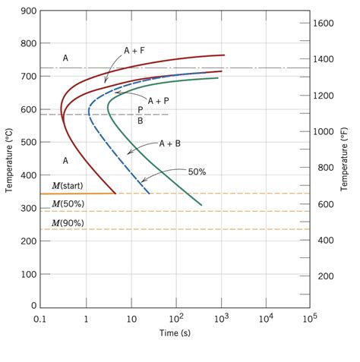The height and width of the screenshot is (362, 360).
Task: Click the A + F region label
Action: click(x=134, y=50)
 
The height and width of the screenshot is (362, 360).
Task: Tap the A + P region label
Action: click(x=159, y=100)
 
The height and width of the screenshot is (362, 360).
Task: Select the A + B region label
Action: click(x=171, y=143)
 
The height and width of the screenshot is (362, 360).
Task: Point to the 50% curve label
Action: click(x=197, y=172)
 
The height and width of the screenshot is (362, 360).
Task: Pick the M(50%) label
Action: click(x=68, y=204)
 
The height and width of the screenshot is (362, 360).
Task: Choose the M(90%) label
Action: click(x=68, y=222)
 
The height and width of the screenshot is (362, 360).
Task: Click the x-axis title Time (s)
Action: click(x=175, y=333)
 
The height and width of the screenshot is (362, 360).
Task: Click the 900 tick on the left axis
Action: click(x=29, y=11)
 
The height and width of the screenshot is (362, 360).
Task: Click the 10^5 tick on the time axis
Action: click(x=309, y=319)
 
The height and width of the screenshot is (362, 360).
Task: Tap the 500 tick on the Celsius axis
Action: click(x=29, y=143)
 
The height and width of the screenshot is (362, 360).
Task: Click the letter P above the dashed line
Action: click(x=141, y=109)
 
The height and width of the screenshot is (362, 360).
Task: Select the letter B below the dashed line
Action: click(x=141, y=120)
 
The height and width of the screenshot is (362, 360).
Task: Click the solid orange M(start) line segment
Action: click(x=76, y=194)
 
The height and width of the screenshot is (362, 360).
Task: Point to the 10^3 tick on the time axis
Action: click(x=220, y=319)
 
